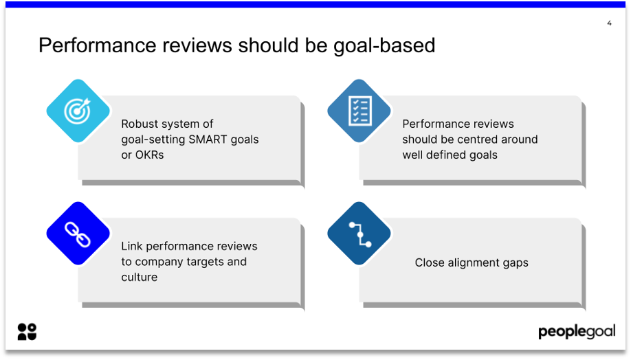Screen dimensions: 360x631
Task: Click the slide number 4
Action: (609, 23)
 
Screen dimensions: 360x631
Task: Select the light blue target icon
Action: (78, 111)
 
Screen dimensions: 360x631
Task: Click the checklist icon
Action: (359, 111)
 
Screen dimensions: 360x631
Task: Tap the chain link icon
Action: (78, 234)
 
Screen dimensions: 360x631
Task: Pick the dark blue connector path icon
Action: (359, 234)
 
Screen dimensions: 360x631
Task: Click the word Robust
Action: (140, 124)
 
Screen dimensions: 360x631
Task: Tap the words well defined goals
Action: (450, 155)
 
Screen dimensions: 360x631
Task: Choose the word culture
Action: (139, 277)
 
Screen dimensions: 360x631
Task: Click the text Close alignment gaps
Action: (472, 262)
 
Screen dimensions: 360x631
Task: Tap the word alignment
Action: (474, 262)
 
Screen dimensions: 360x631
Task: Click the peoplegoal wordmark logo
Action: (576, 332)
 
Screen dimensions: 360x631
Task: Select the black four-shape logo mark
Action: (27, 331)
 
